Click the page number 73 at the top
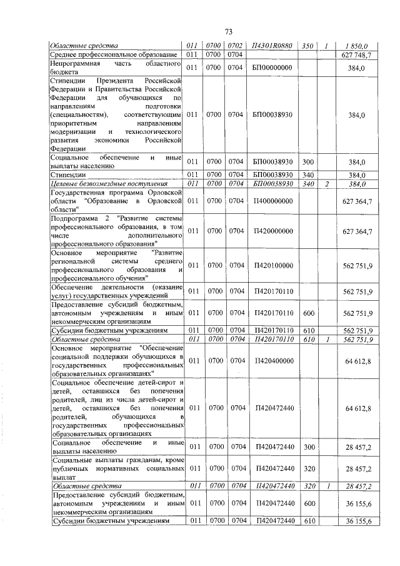click(228, 32)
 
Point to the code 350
click(307, 46)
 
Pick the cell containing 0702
click(235, 46)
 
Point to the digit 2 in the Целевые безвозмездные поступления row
click(326, 184)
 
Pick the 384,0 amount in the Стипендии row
click(357, 174)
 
